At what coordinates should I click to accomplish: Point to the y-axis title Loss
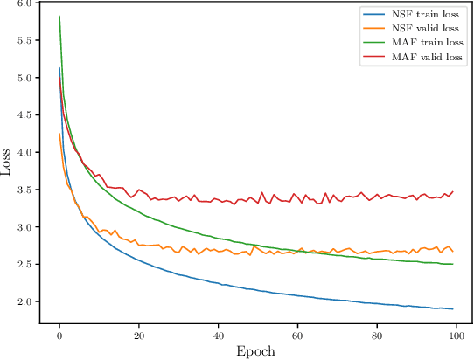tap(8, 163)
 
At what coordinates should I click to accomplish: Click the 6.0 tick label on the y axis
tap(24, 3)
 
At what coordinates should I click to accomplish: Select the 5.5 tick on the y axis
tap(24, 41)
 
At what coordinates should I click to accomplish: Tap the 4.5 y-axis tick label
tap(24, 115)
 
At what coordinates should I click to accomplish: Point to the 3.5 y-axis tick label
tap(24, 190)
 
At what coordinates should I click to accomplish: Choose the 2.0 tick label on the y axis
tap(24, 302)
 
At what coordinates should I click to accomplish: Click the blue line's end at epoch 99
tap(452, 309)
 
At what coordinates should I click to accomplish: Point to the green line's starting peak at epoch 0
tap(59, 17)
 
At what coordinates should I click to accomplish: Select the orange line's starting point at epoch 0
tap(59, 134)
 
